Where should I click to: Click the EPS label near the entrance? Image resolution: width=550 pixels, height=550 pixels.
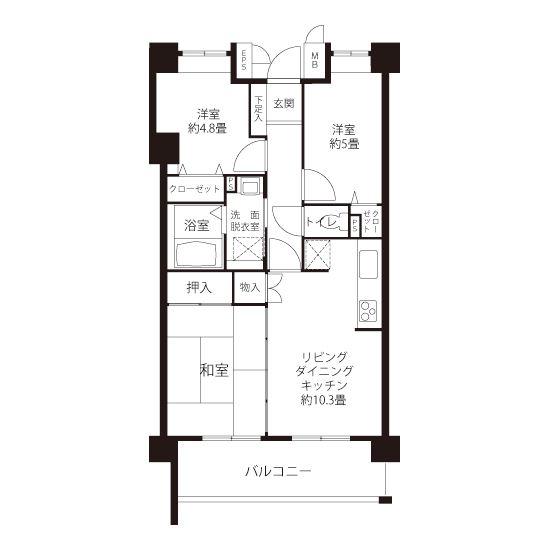243,60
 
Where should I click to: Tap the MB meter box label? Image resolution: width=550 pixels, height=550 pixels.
315,60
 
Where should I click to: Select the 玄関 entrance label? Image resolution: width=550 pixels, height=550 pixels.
284,103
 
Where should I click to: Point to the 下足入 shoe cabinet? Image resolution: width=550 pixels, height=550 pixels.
258,108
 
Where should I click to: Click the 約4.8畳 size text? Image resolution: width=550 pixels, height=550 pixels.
208,128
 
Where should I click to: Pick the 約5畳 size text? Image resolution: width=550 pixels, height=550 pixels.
344,144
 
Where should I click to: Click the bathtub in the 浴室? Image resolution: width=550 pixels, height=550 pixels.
198,254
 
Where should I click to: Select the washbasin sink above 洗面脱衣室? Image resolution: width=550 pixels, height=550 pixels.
249,186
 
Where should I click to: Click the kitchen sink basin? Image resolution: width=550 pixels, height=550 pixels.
368,264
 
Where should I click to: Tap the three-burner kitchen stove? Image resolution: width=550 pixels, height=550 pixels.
368,311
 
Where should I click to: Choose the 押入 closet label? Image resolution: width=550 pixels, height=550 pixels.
199,288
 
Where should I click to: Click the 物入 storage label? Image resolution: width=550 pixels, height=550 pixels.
250,288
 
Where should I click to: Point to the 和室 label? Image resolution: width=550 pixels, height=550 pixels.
214,370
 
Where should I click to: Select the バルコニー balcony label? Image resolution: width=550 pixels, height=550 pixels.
278,471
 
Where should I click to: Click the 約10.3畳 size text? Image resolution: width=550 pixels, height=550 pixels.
323,400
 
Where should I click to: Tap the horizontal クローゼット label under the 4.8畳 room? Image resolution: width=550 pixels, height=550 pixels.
194,189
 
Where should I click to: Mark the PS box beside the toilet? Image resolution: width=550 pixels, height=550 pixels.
355,225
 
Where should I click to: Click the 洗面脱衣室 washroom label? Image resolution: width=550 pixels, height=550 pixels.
245,221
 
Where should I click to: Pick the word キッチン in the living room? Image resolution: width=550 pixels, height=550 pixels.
324,385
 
